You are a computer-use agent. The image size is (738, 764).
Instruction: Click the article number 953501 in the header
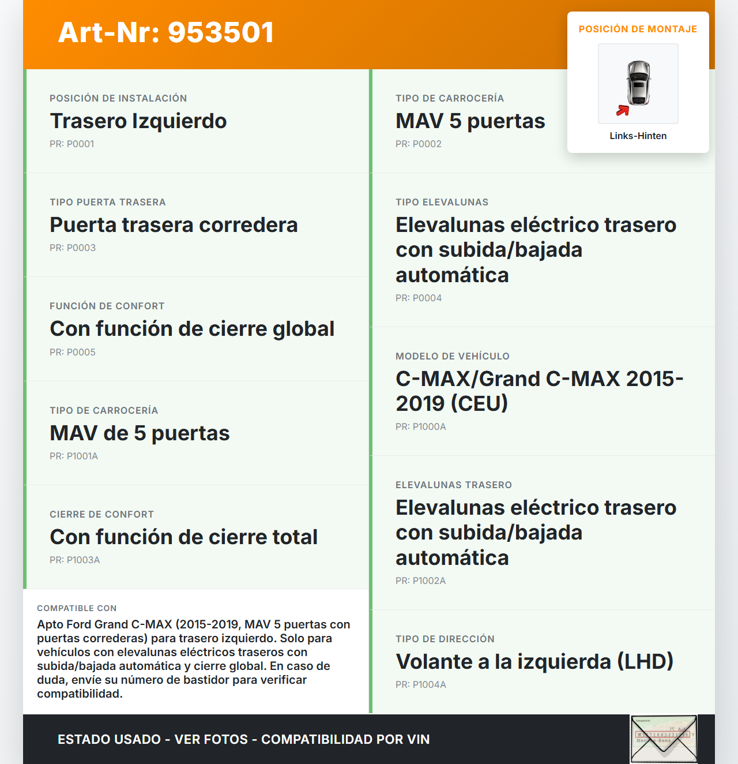[221, 32]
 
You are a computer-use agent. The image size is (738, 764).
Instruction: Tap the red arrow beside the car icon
[623, 110]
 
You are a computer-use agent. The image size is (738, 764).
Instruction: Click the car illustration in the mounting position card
[639, 83]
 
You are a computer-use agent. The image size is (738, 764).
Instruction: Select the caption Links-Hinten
[638, 136]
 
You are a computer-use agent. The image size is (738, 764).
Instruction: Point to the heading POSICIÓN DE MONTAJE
[638, 29]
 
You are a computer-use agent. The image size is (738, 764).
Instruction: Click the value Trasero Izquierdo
[138, 121]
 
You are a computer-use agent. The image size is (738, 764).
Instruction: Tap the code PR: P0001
[72, 144]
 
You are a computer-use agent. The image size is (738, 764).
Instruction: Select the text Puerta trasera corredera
[174, 225]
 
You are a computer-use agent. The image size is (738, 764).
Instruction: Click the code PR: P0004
[419, 298]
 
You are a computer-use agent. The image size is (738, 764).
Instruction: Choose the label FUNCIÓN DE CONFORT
[107, 306]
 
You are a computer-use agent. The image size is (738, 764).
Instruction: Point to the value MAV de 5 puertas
[140, 433]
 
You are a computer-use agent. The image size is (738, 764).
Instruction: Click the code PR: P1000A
[421, 426]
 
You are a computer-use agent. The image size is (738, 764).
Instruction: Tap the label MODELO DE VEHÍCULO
[453, 356]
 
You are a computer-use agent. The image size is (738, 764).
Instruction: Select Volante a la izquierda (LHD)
[534, 662]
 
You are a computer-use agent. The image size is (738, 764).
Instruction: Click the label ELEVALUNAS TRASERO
[454, 485]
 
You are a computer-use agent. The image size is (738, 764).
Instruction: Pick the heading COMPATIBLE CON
[77, 608]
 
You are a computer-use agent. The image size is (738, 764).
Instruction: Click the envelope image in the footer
[664, 739]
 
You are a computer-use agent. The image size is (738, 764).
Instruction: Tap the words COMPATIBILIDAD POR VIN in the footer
[345, 739]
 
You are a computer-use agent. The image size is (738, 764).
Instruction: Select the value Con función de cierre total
[184, 537]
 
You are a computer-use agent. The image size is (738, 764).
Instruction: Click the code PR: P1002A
[421, 581]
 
